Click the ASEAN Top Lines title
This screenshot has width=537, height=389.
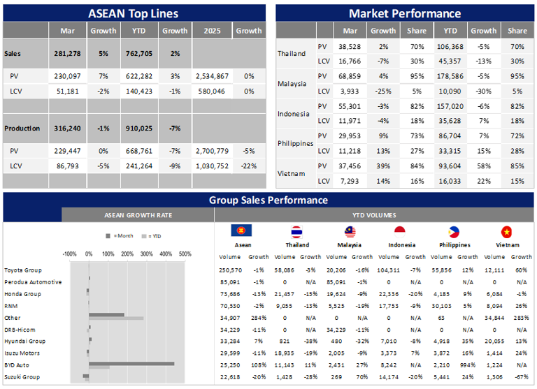(x=134, y=13)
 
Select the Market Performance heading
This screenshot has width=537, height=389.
(x=405, y=13)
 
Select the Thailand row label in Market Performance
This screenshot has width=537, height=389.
(x=292, y=53)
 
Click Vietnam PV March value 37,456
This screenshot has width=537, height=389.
(x=350, y=166)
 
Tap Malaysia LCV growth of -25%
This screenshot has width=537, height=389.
(x=383, y=90)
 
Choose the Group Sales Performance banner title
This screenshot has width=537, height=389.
(x=268, y=200)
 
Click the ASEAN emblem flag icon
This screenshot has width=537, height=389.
(x=242, y=231)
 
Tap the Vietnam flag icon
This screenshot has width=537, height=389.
(x=506, y=231)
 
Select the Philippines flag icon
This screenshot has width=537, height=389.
(x=453, y=231)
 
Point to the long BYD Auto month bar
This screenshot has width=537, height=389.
(x=131, y=363)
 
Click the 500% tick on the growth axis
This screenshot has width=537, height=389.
(x=185, y=254)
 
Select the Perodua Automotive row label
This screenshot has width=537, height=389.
(x=33, y=282)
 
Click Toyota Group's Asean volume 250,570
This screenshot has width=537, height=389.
(x=230, y=270)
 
